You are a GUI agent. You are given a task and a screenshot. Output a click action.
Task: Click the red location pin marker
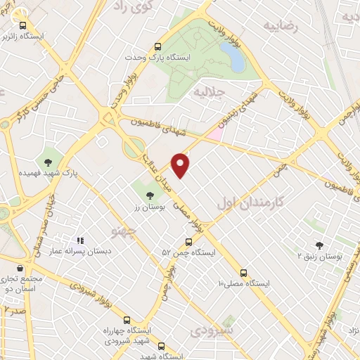[x=181, y=164]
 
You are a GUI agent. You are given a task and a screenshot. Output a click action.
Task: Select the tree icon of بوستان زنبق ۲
[x=320, y=245]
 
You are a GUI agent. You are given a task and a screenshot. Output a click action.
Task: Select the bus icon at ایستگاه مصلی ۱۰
[x=244, y=272]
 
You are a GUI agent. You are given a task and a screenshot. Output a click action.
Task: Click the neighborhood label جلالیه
[x=209, y=92]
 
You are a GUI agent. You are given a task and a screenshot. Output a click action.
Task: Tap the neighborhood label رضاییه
[x=281, y=26]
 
